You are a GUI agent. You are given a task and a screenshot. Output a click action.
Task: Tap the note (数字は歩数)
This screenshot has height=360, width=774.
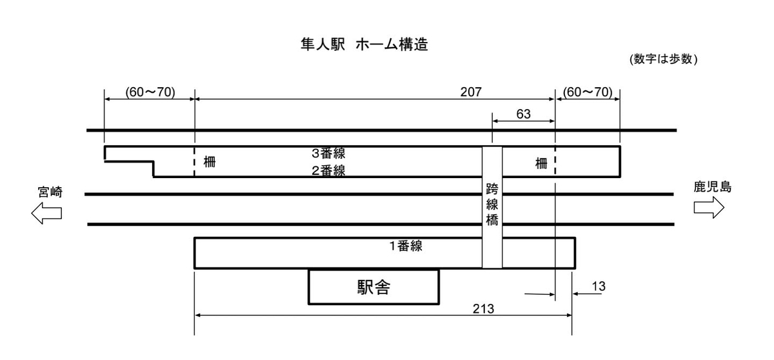(664, 59)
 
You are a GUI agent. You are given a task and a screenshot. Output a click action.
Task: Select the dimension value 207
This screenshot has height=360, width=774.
(470, 92)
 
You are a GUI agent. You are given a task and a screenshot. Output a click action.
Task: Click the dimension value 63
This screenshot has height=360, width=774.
(523, 114)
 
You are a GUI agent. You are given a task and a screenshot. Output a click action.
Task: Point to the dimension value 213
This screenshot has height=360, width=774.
(482, 308)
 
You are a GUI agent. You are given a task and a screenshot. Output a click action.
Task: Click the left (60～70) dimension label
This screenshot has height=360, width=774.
(141, 92)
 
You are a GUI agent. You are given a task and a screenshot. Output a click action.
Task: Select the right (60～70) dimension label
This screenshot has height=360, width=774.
(587, 92)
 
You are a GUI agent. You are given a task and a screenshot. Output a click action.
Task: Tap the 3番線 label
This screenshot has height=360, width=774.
(328, 154)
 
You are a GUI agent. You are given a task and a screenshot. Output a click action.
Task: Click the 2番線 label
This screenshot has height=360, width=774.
(328, 170)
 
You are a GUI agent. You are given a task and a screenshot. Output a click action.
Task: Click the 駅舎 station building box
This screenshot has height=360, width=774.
(373, 287)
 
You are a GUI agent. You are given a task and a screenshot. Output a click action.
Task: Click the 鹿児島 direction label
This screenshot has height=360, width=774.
(712, 188)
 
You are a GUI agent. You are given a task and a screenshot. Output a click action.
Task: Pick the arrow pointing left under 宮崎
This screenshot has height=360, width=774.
(46, 213)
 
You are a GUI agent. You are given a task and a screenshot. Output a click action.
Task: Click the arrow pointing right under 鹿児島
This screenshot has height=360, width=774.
(709, 208)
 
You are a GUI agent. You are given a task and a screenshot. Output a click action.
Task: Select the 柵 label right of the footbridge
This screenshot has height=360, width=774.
(541, 164)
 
